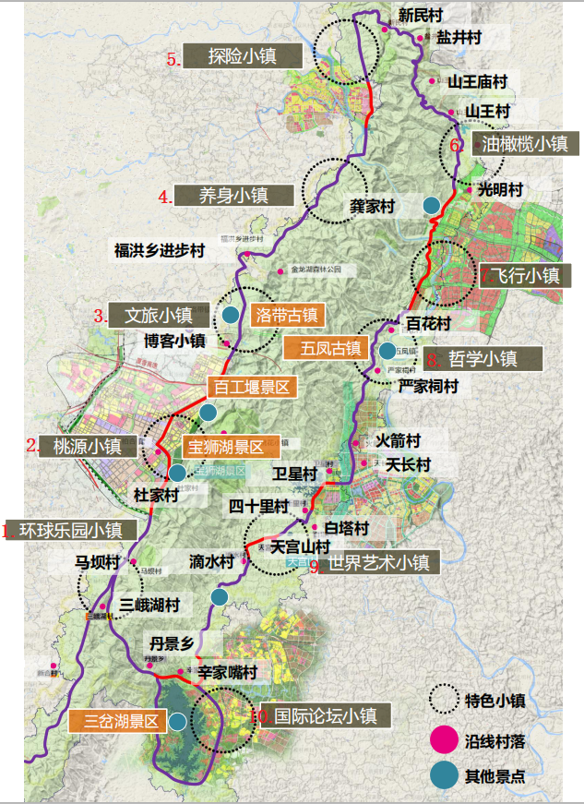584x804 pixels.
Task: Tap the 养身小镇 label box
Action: coord(233,195)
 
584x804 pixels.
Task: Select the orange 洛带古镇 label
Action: coord(285,315)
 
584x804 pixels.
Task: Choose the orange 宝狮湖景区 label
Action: coord(229,447)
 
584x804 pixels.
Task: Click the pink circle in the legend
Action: coord(445,739)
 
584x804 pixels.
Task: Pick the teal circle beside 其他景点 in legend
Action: coord(445,776)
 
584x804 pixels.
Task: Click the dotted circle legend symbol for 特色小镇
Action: coord(445,699)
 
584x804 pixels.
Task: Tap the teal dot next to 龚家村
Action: coord(431,205)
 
